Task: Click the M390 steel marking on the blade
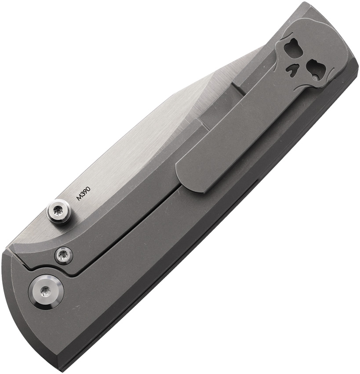pos(83,194)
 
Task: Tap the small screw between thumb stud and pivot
pos(64,256)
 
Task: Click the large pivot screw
pos(46,291)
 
